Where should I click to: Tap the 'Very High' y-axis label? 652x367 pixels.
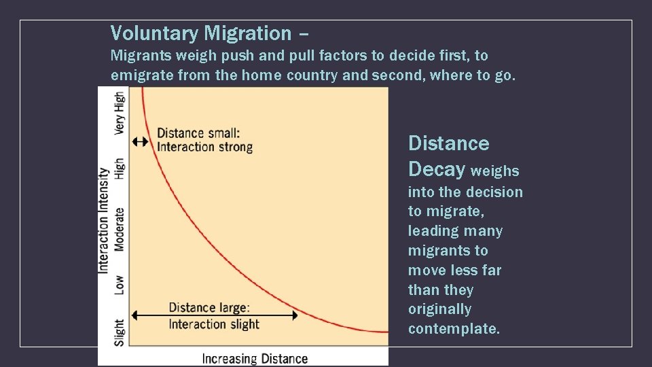point(120,113)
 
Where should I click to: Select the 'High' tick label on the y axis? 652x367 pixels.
point(120,169)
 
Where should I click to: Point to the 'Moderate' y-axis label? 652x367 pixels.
point(120,229)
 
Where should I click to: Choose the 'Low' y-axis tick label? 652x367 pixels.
point(120,284)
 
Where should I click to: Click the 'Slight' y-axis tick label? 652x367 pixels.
point(120,332)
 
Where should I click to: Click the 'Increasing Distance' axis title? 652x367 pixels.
point(255,358)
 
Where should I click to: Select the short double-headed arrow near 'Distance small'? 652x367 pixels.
point(140,141)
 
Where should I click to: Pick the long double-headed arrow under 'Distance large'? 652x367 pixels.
point(214,315)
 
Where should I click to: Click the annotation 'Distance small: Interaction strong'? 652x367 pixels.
point(204,139)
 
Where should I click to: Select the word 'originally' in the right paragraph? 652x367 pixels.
point(439,309)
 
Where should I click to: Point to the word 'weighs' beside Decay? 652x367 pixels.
point(494,171)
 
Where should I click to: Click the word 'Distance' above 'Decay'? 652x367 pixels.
point(448,143)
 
